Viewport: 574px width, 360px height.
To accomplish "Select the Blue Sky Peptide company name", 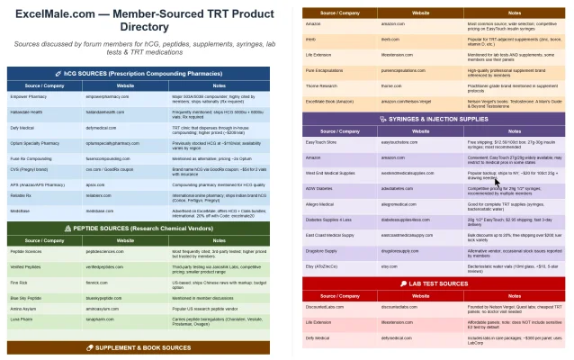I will pos(30,295).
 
